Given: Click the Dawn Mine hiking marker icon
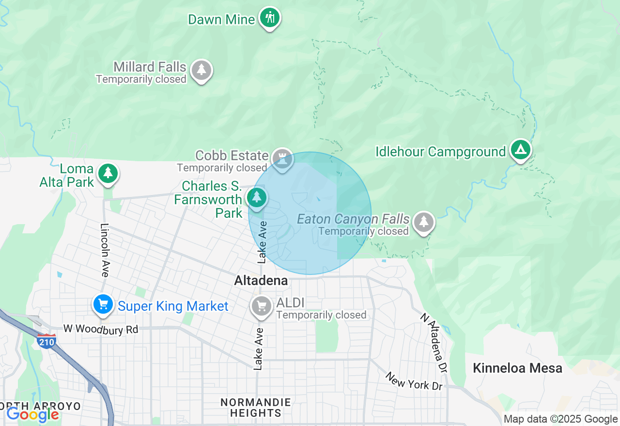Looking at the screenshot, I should (270, 18).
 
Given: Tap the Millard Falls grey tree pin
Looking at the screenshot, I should (201, 70).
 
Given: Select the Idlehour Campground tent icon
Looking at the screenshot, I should (521, 151).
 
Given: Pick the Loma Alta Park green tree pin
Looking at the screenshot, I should (108, 173).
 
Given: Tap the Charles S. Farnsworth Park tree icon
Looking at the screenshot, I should (257, 198).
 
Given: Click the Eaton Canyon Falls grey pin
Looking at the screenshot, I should (424, 222).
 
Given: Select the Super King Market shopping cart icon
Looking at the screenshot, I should (103, 305).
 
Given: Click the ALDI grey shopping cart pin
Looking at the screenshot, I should (262, 306).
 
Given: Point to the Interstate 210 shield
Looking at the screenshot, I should (46, 340).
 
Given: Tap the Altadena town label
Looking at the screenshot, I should (261, 281).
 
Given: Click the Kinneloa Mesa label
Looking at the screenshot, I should (517, 368).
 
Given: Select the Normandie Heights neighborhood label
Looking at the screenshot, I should (255, 408).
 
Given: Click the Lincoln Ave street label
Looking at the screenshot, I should (105, 250).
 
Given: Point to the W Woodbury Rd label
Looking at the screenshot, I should (101, 329).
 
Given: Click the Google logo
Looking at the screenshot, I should (32, 414).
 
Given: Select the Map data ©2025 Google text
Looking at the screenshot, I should (560, 419).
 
